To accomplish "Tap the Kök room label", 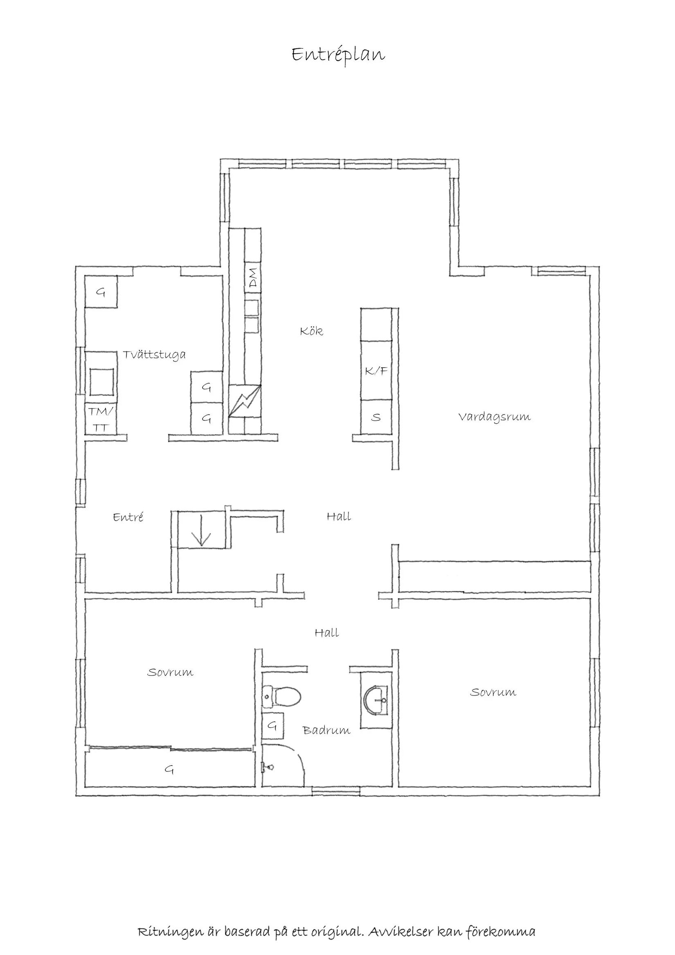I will (x=311, y=331).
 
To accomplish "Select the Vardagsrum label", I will (x=494, y=417).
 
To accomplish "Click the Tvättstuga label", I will (x=154, y=355).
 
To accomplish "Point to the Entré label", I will (x=128, y=517).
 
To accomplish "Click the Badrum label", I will (x=326, y=730).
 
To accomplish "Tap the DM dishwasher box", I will (x=253, y=278).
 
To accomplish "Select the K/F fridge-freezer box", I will (x=376, y=370).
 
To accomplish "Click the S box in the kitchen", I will (x=376, y=417).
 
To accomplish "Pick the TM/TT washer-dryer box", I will (x=101, y=419).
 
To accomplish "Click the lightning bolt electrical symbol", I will (x=245, y=401).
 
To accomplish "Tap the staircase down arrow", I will (x=202, y=531).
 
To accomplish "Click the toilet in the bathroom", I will (x=283, y=697).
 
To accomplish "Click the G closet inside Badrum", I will (x=272, y=725).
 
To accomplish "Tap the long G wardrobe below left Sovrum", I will (x=169, y=770).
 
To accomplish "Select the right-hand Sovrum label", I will (x=493, y=693).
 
